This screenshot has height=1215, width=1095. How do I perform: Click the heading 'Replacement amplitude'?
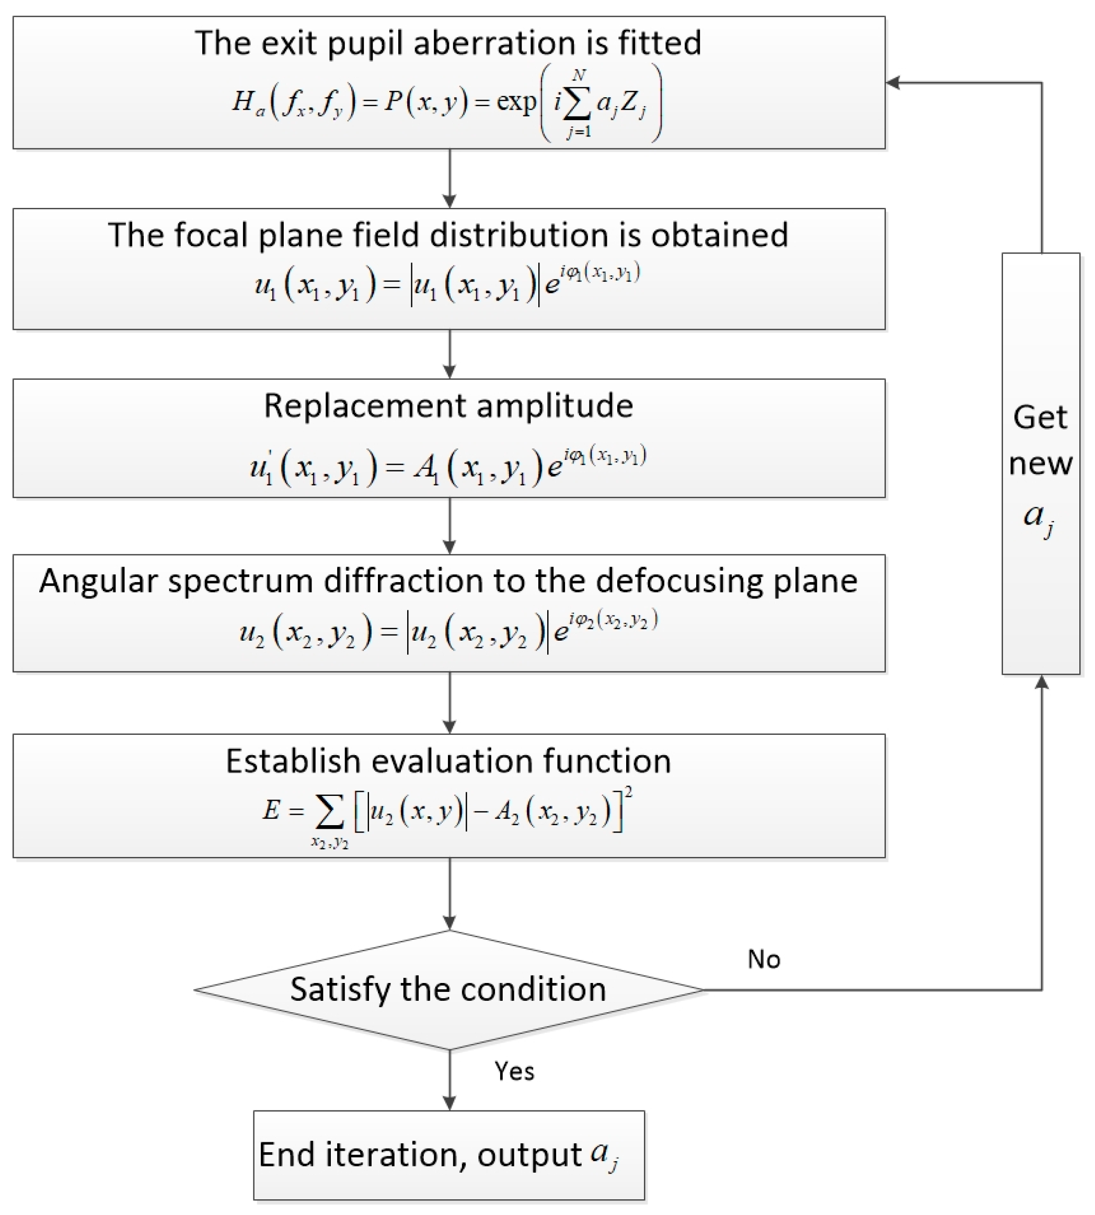pyautogui.click(x=448, y=406)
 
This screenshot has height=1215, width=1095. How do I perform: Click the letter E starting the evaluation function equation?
pyautogui.click(x=271, y=810)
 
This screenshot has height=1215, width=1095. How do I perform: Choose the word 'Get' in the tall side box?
pyautogui.click(x=1040, y=417)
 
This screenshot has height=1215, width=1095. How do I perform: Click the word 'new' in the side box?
pyautogui.click(x=1040, y=464)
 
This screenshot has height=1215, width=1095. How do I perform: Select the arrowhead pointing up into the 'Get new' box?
pyautogui.click(x=1042, y=682)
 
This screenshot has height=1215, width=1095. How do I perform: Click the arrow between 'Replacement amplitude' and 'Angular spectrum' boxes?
pyautogui.click(x=449, y=525)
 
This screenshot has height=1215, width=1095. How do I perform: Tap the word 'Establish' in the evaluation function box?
pyautogui.click(x=293, y=761)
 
